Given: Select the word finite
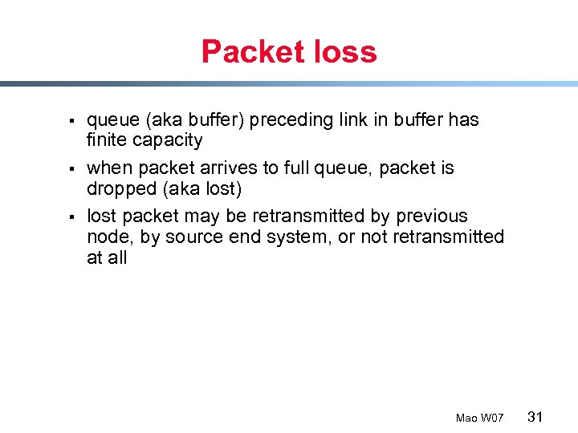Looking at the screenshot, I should pyautogui.click(x=108, y=140).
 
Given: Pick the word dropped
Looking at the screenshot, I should pyautogui.click(x=120, y=189).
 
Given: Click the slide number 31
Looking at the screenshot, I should pyautogui.click(x=536, y=416).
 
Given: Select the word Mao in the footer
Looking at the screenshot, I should pyautogui.click(x=466, y=418).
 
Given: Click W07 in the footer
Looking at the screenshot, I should pyautogui.click(x=492, y=418).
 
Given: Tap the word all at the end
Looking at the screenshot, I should pyautogui.click(x=117, y=258).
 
